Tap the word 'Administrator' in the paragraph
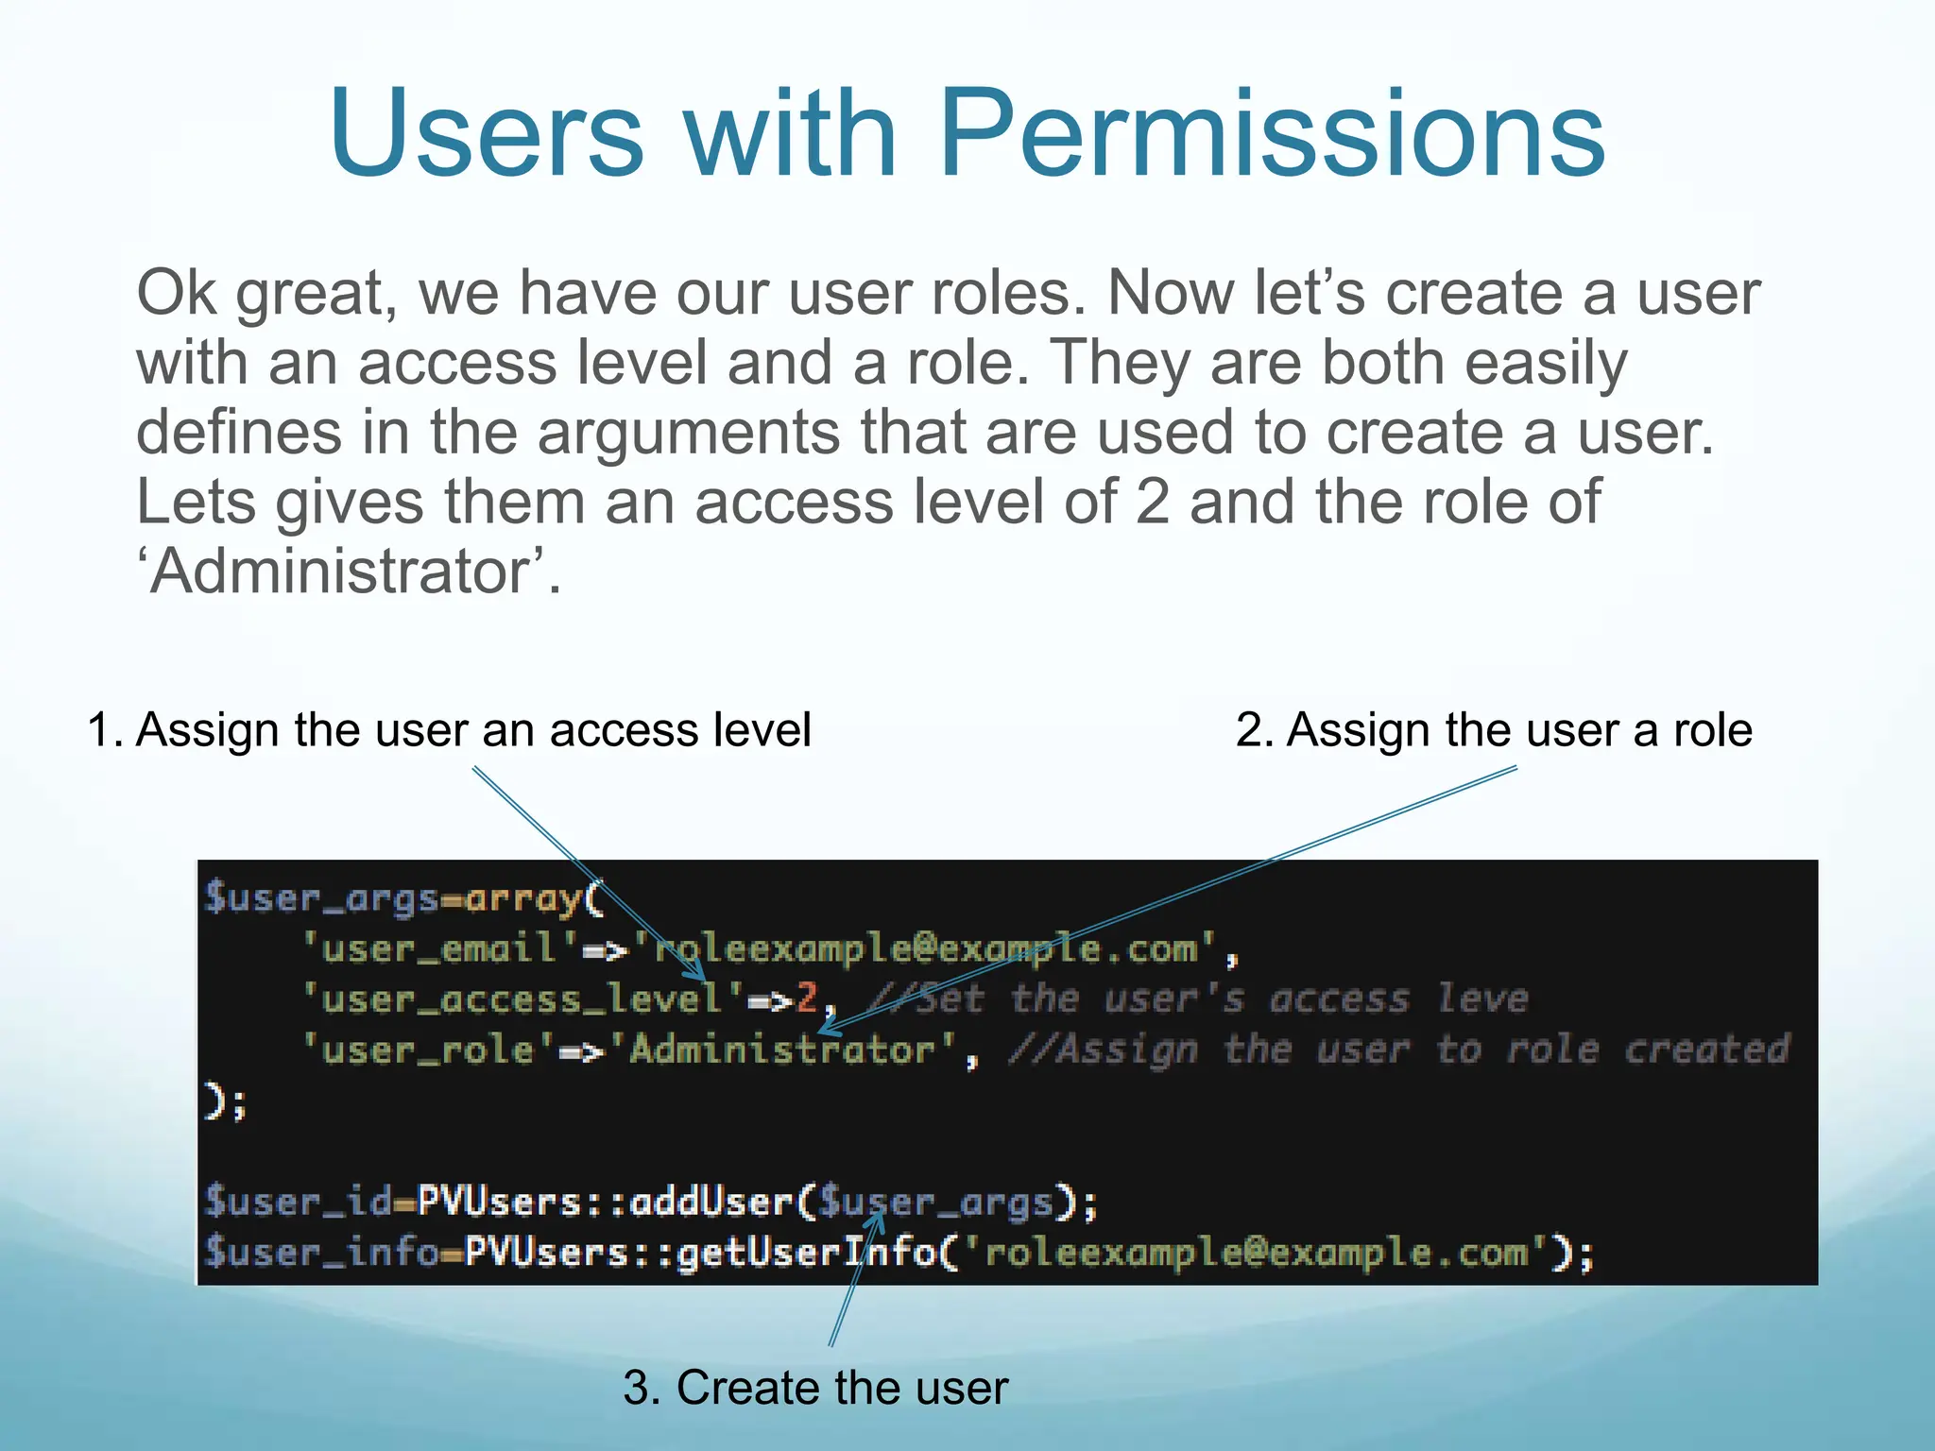[348, 572]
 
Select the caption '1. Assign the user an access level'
[449, 730]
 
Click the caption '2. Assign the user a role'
[1494, 730]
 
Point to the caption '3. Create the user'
[815, 1388]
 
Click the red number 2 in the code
[807, 999]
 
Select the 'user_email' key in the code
[440, 947]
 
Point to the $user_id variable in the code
[299, 1202]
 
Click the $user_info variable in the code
[322, 1253]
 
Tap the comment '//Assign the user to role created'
[1398, 1050]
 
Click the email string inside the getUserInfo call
[1256, 1253]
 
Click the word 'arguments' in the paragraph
[688, 433]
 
